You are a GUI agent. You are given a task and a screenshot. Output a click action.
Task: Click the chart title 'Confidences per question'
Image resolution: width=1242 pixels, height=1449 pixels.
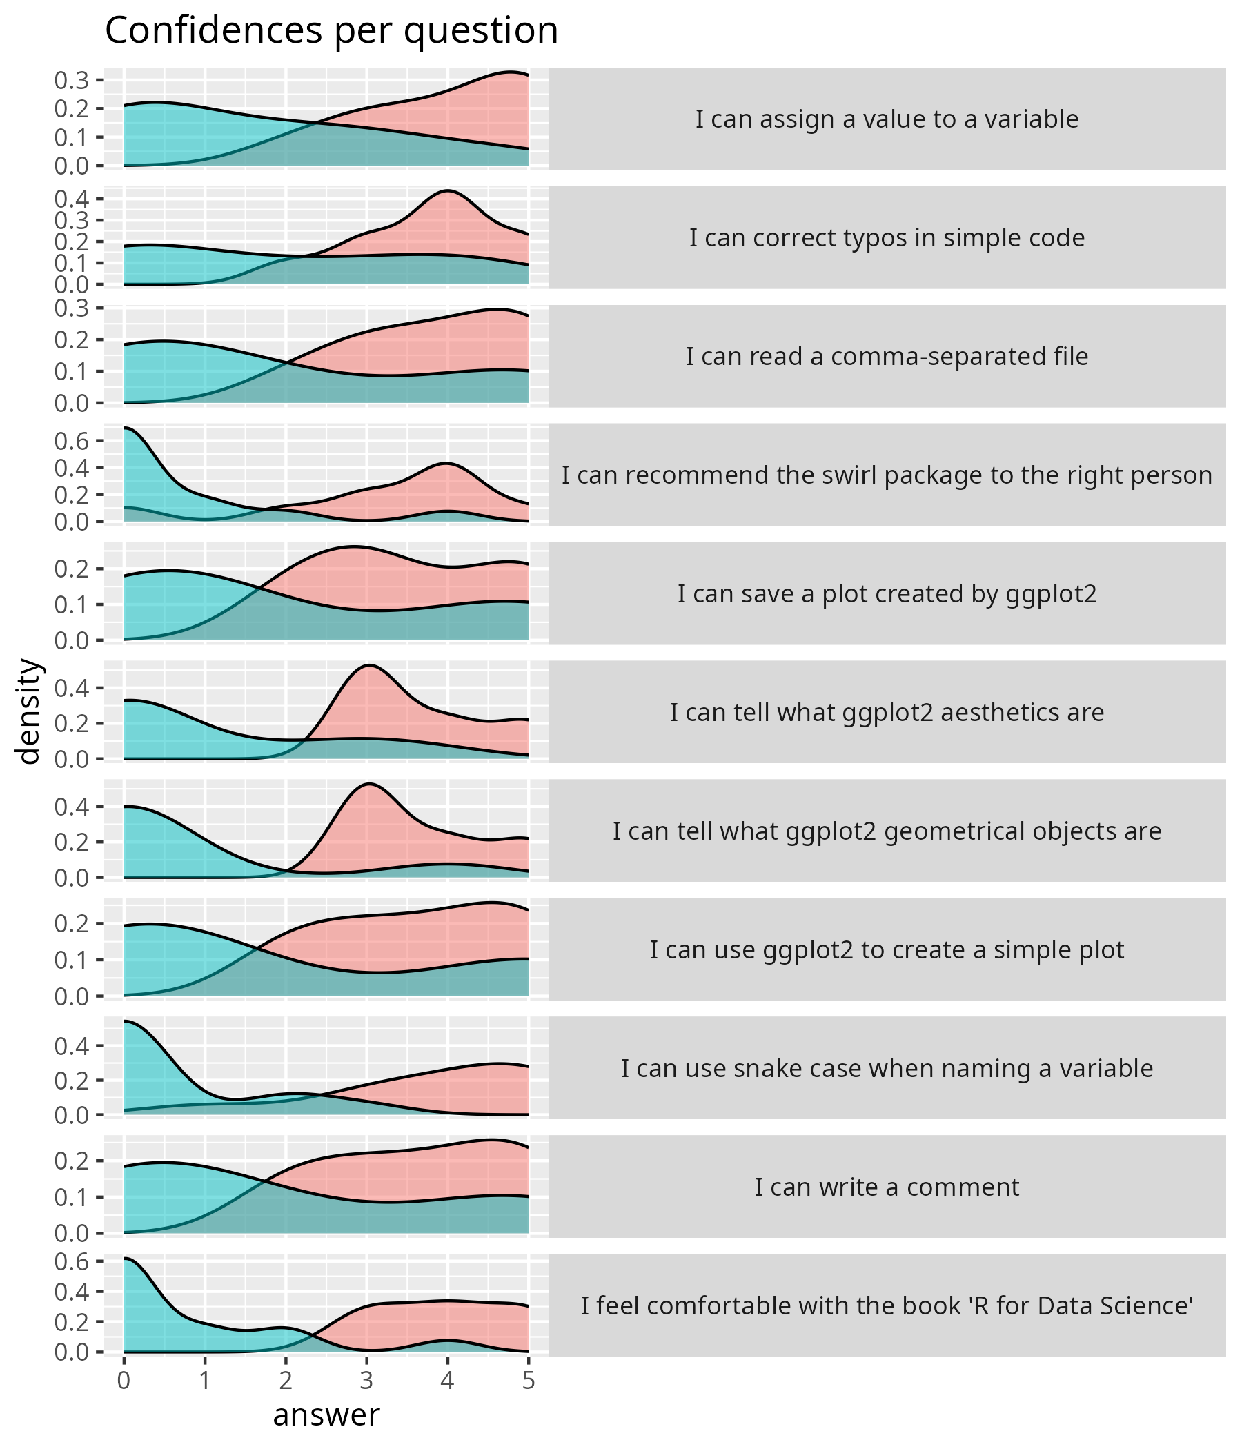[x=331, y=31]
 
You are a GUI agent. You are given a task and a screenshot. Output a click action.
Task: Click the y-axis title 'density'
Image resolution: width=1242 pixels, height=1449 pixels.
[x=30, y=711]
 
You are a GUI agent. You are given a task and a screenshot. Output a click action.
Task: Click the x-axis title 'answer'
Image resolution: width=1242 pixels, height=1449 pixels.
[x=326, y=1414]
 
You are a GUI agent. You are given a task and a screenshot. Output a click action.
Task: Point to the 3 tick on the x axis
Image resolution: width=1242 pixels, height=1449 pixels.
[x=366, y=1381]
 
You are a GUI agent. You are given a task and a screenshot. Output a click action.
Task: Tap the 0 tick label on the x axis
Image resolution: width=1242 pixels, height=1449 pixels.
[x=124, y=1381]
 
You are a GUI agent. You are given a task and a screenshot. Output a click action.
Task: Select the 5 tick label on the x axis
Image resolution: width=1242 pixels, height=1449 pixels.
[x=528, y=1381]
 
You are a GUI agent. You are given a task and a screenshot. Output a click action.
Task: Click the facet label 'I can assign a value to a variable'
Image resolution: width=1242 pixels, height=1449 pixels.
[x=886, y=119]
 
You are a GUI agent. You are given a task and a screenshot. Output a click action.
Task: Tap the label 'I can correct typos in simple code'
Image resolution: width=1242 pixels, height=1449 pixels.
[x=886, y=239]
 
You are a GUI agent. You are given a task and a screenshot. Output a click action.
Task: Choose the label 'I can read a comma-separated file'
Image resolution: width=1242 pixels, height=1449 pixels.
[x=886, y=357]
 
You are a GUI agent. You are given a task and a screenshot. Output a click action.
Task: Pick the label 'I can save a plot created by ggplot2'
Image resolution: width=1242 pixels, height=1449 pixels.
[x=886, y=594]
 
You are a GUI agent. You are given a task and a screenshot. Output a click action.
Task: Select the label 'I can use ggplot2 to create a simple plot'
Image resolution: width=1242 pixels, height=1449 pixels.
[x=886, y=950]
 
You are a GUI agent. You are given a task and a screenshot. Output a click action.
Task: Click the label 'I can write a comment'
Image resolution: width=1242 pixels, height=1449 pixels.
[x=886, y=1187]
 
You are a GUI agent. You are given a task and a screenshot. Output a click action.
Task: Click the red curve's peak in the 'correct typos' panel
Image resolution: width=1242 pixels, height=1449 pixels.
[x=448, y=190]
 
